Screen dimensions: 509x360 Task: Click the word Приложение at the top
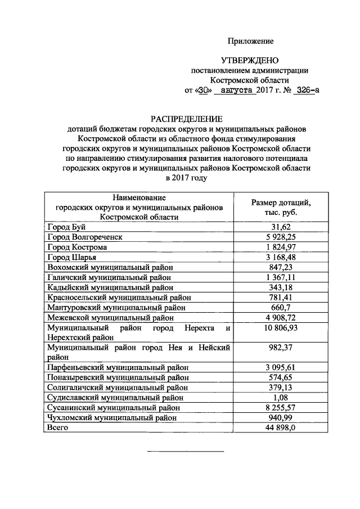pyautogui.click(x=250, y=41)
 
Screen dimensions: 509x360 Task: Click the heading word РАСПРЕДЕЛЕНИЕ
pyautogui.click(x=186, y=118)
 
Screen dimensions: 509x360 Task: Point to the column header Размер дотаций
pyautogui.click(x=280, y=203)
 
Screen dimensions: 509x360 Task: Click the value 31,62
pyautogui.click(x=280, y=227)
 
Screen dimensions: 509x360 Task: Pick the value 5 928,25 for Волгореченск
pyautogui.click(x=280, y=237)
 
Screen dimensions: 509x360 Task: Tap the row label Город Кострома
pyautogui.click(x=76, y=247)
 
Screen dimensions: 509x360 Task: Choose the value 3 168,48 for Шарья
pyautogui.click(x=280, y=257)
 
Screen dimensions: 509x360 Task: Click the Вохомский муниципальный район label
pyautogui.click(x=110, y=267)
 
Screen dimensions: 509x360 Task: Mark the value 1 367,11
pyautogui.click(x=280, y=277)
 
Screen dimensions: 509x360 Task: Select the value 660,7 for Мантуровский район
pyautogui.click(x=280, y=308)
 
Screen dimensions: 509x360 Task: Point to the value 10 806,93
pyautogui.click(x=280, y=327)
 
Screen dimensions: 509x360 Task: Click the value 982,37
pyautogui.click(x=280, y=348)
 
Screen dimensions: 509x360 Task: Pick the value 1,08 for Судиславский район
pyautogui.click(x=280, y=398)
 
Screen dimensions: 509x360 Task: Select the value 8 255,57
pyautogui.click(x=280, y=408)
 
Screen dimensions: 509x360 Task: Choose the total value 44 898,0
pyautogui.click(x=280, y=428)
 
